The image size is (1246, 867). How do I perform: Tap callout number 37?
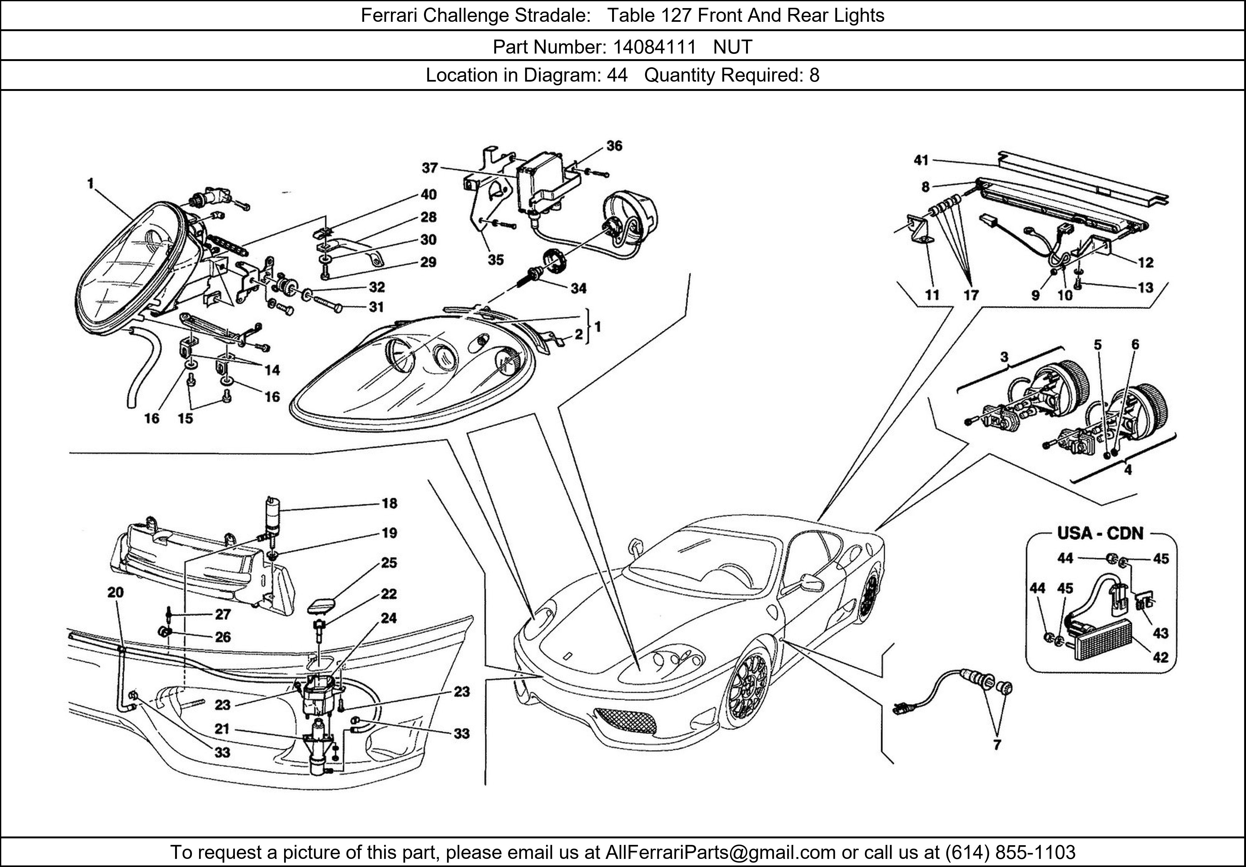[x=430, y=168]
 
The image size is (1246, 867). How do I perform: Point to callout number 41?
[x=921, y=160]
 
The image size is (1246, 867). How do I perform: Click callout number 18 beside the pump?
[x=389, y=504]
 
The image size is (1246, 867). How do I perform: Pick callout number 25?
[x=388, y=563]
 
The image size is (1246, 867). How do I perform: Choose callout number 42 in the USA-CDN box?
[x=1160, y=658]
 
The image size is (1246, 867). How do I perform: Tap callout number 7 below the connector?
[x=997, y=745]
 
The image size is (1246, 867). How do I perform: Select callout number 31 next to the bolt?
[x=376, y=307]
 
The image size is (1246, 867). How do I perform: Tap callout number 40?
[x=428, y=194]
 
